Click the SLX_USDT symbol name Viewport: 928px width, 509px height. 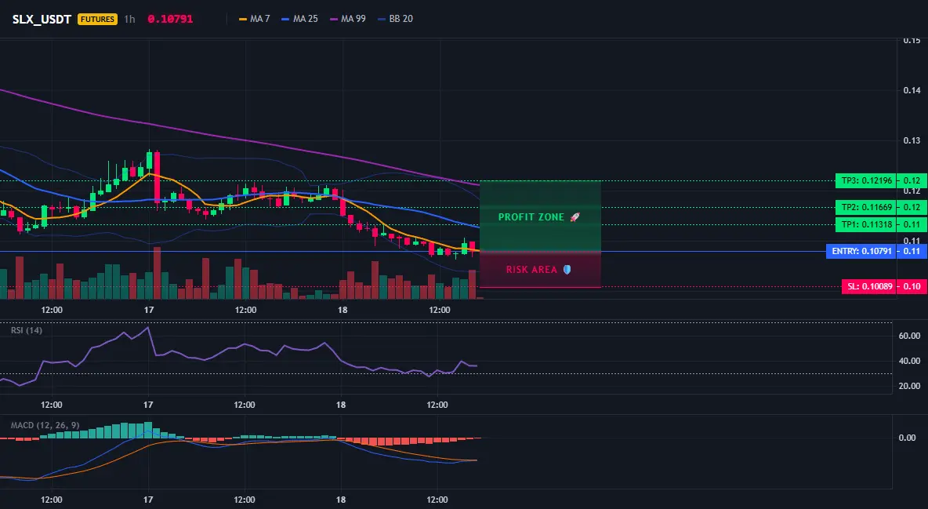pyautogui.click(x=42, y=19)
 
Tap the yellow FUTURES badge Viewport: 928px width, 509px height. pyautogui.click(x=98, y=19)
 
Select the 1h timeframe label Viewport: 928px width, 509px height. pyautogui.click(x=129, y=19)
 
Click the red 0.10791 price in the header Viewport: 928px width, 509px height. pyautogui.click(x=170, y=19)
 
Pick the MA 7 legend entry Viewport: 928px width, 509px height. pyautogui.click(x=254, y=19)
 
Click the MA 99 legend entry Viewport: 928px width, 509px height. pyautogui.click(x=348, y=19)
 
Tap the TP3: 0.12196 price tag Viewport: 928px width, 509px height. pyautogui.click(x=865, y=180)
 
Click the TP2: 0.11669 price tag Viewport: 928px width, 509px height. pyautogui.click(x=865, y=207)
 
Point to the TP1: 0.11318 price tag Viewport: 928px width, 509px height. pyautogui.click(x=865, y=224)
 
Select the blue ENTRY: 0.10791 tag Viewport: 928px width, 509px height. pyautogui.click(x=861, y=251)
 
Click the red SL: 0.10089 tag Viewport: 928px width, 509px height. pyautogui.click(x=868, y=287)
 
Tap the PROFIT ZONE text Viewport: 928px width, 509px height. pyautogui.click(x=531, y=217)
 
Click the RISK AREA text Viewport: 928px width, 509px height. pyautogui.click(x=531, y=270)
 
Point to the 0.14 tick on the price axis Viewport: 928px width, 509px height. pyautogui.click(x=912, y=90)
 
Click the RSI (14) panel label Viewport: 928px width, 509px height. pyautogui.click(x=27, y=330)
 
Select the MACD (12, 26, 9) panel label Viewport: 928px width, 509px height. pyautogui.click(x=45, y=425)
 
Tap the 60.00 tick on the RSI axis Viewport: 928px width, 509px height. pyautogui.click(x=910, y=336)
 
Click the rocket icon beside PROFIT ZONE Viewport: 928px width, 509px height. pyautogui.click(x=575, y=217)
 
